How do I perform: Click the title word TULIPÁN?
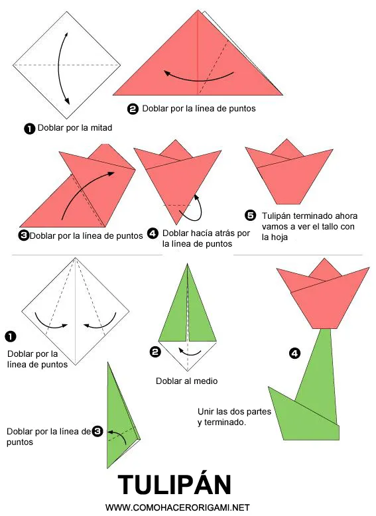coord(174,484)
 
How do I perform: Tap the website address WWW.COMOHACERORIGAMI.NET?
coord(177,507)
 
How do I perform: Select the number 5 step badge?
coord(250,216)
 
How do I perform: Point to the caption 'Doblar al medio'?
coord(186,381)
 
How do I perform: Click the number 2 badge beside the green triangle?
coord(155,352)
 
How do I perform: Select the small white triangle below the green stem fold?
coord(189,355)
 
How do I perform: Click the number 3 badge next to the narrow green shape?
coord(97,432)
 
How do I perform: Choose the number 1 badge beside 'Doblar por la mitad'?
coord(29,129)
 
